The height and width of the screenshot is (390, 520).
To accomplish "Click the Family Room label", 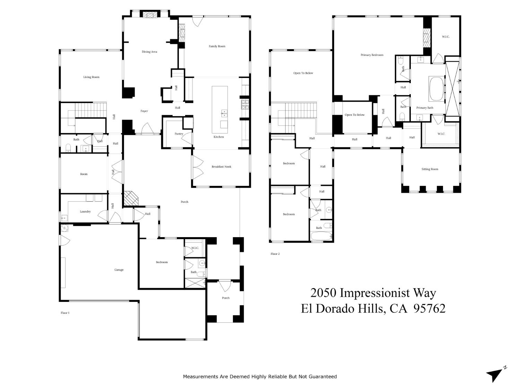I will coord(217,46).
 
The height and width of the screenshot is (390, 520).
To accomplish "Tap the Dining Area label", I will coord(149,52).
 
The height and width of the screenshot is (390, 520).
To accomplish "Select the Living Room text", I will coord(91,77).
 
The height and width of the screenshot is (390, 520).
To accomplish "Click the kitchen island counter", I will coord(220,110).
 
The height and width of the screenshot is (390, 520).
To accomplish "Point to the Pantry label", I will coord(179,134).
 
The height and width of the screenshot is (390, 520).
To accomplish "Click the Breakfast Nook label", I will coord(221,167).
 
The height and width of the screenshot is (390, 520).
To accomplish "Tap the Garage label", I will coord(119,270).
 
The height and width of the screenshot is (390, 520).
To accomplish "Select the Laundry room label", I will coord(85,211).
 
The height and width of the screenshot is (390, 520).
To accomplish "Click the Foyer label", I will coord(144,111).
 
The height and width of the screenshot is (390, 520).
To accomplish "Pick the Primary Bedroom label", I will coord(372,55).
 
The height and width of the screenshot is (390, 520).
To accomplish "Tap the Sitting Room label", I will coord(430,169).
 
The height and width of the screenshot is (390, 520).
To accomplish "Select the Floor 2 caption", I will coord(275,254).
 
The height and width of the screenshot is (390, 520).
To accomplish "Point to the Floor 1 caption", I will coord(65,313).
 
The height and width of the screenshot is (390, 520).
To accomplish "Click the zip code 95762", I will coord(430,308).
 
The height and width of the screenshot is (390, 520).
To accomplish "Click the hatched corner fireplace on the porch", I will coord(131,199).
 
